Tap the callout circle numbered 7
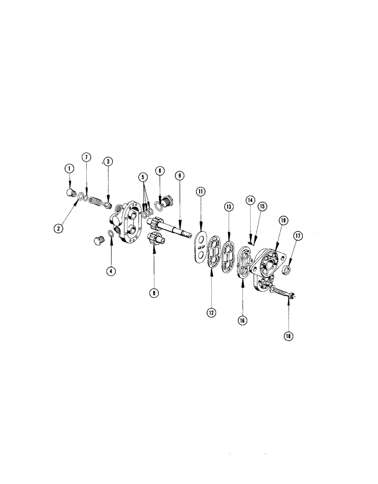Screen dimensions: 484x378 86,158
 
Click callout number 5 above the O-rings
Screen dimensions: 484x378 142,177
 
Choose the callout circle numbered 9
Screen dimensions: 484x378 179,176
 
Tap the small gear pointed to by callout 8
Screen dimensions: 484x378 153,239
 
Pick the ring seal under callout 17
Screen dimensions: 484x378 286,269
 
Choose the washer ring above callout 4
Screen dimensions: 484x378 111,234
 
